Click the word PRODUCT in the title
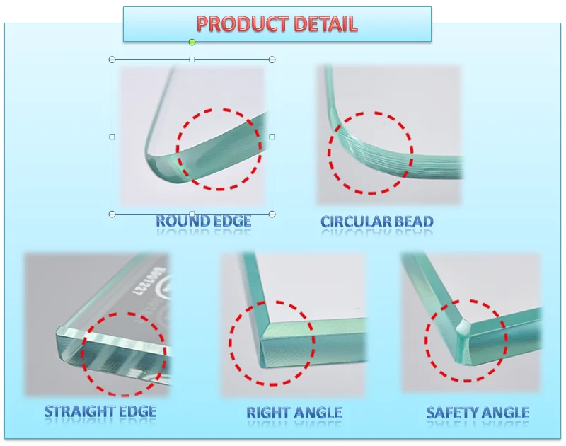tap(237, 24)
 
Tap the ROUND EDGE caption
tap(204, 221)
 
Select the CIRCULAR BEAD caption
tap(377, 222)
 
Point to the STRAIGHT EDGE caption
tap(100, 411)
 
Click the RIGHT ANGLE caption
tap(294, 412)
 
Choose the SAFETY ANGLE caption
tap(478, 412)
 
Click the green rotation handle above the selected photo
tap(192, 42)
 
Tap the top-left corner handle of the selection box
tap(112, 59)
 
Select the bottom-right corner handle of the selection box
tap(272, 214)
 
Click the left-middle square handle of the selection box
tap(112, 137)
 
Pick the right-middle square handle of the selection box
tap(272, 137)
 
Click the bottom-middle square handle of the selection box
tap(192, 214)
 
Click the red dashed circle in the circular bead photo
tap(371, 151)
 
